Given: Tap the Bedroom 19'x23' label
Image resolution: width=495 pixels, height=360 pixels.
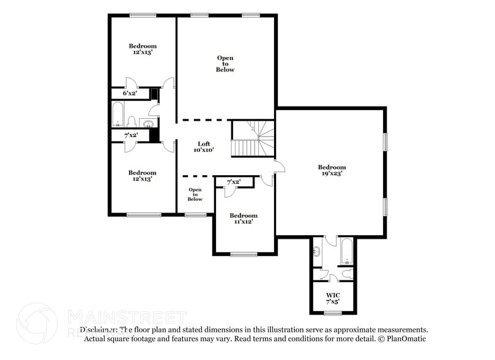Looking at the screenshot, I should coord(332,170).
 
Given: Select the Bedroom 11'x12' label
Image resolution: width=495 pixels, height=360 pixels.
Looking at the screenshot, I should coord(244,219).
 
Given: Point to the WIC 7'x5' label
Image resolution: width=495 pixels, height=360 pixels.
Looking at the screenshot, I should coord(332,298).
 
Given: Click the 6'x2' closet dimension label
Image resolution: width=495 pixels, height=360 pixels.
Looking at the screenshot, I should coord(129,94).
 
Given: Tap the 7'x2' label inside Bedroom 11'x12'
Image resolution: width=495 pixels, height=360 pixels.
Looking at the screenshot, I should coord(233,182).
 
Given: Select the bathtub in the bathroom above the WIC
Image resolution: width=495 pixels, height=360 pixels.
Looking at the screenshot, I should coord(345,252).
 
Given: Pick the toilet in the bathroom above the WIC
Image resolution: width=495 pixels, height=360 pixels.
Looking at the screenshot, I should coord(347,273).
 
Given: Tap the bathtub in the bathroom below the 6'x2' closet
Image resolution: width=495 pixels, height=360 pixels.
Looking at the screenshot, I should coord(117,114).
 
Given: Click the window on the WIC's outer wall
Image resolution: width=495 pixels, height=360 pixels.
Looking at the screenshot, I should coord(332,313).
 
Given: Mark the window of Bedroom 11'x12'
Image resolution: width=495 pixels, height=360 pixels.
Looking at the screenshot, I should coord(244,254).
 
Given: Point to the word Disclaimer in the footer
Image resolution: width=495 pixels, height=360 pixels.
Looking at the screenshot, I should coord(99,329).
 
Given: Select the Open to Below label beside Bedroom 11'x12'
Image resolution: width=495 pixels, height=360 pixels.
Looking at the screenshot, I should coord(195,194).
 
